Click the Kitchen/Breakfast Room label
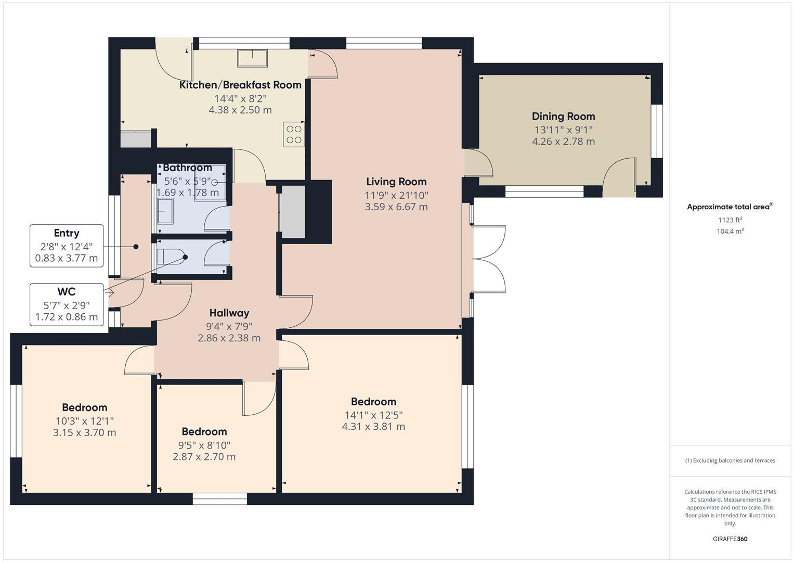(x=240, y=85)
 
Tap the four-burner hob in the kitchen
(x=293, y=134)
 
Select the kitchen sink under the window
(x=253, y=58)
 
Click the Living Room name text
(x=396, y=182)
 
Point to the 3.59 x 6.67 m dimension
(x=396, y=207)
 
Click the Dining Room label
(x=563, y=117)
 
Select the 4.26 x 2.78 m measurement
(x=563, y=142)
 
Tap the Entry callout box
(x=66, y=246)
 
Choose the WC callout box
(x=66, y=304)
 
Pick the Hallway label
(x=229, y=313)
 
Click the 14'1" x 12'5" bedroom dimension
(x=373, y=415)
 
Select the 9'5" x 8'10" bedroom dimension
(x=204, y=445)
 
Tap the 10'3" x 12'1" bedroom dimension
(x=84, y=420)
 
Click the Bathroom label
(x=187, y=168)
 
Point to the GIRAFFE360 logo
(x=730, y=539)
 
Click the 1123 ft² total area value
(x=730, y=220)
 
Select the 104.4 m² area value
(x=730, y=232)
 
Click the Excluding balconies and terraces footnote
(x=730, y=461)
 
